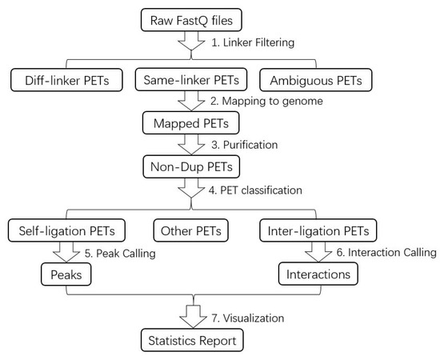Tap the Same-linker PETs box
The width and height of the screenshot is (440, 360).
(x=192, y=80)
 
